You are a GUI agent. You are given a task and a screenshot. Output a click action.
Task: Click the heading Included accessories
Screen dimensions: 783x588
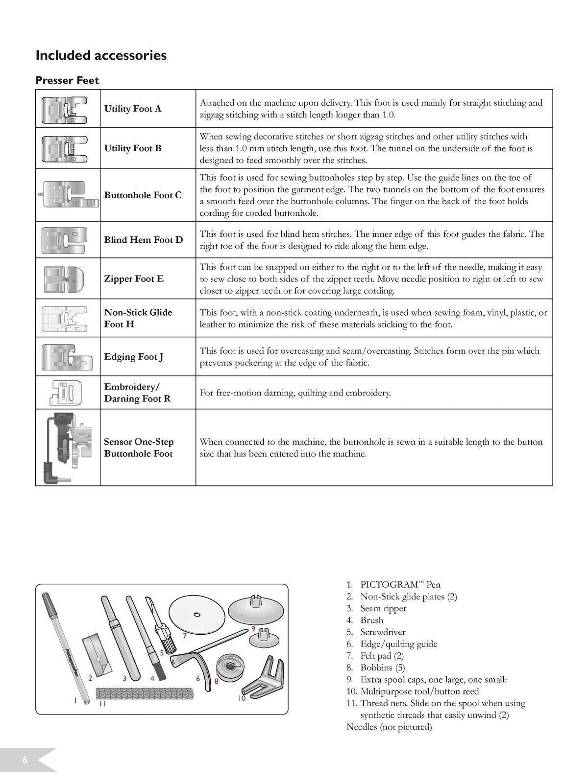tap(101, 55)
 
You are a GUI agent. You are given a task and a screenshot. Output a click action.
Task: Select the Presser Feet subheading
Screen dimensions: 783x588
tap(67, 80)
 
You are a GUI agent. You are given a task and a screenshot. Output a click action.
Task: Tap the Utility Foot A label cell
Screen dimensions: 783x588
tap(133, 109)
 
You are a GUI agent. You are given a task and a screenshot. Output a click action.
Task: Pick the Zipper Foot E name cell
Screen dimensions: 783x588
tap(134, 278)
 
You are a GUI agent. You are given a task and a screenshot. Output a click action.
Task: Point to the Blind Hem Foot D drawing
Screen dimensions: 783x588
tap(64, 240)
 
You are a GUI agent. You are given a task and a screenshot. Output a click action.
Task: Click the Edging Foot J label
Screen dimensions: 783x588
tap(134, 357)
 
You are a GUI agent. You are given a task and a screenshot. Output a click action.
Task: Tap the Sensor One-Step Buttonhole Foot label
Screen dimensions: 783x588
tap(138, 447)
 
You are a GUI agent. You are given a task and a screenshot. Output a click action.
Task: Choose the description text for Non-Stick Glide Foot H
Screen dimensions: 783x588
tap(373, 318)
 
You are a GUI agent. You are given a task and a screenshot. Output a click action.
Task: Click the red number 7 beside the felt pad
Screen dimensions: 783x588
tap(185, 636)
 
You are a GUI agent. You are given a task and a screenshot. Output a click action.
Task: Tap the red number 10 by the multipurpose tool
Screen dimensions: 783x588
tap(242, 698)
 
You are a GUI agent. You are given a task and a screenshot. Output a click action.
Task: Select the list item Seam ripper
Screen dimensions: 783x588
tap(383, 608)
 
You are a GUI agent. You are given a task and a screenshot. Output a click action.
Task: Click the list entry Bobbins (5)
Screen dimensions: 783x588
tap(382, 668)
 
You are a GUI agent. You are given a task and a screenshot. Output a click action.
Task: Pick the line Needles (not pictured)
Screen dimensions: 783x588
tap(389, 727)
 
